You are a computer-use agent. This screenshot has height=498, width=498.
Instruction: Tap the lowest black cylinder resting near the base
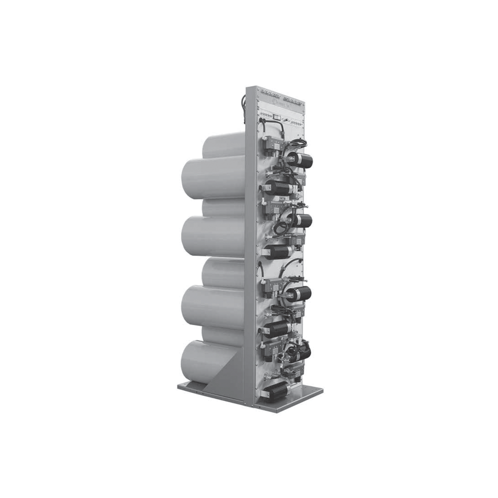pos(275,391)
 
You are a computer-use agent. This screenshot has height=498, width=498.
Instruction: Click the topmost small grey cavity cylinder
pos(224,145)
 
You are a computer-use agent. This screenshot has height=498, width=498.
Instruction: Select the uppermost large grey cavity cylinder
pos(214,177)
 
